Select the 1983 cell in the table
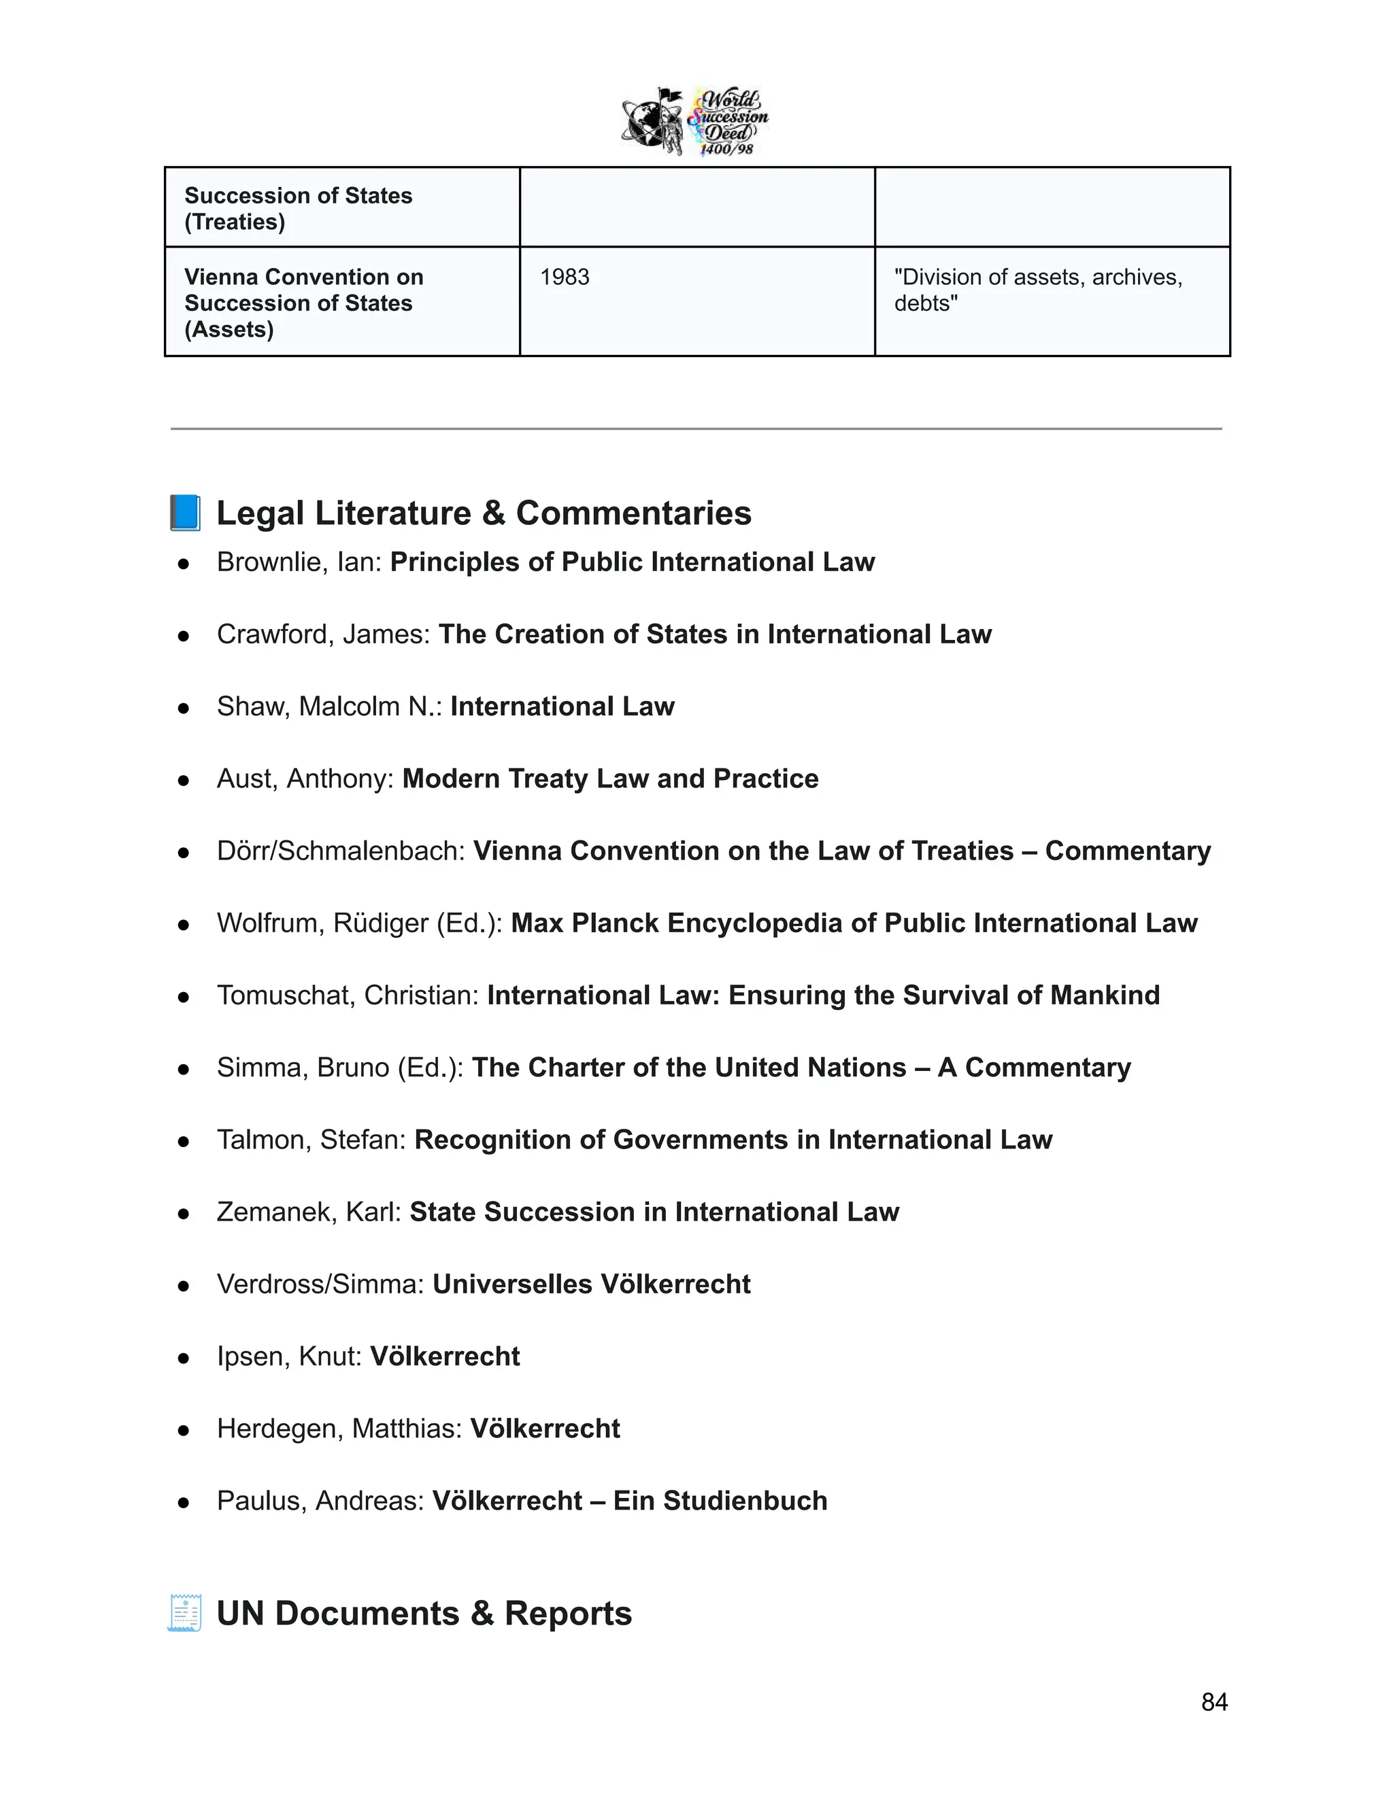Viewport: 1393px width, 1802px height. tap(565, 277)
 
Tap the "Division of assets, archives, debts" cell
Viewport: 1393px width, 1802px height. tap(1037, 290)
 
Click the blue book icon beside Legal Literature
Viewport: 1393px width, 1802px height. tap(185, 513)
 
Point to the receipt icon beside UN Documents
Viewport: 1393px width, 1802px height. tap(185, 1613)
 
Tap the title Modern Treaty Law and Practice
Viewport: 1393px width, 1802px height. tap(610, 779)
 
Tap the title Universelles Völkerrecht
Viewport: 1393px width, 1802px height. tap(591, 1284)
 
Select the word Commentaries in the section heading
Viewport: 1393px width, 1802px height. tap(633, 513)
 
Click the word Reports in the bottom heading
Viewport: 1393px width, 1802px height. tap(568, 1613)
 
